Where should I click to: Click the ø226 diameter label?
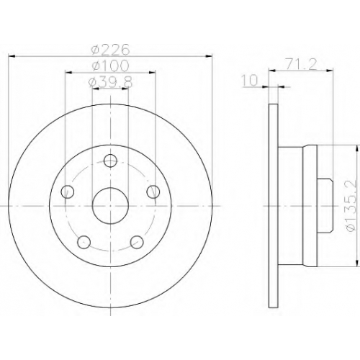[x=110, y=50]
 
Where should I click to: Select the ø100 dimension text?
[x=110, y=66]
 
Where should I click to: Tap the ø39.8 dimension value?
[x=110, y=82]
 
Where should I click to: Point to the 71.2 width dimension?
[x=301, y=64]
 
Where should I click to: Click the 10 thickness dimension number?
[x=250, y=80]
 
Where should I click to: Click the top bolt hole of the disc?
[x=110, y=161]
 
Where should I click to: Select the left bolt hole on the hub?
[x=67, y=192]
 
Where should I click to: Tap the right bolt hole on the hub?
[x=153, y=192]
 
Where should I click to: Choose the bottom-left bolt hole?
[x=84, y=242]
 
